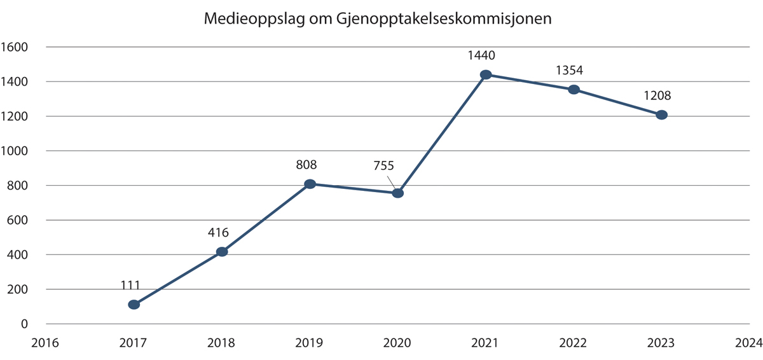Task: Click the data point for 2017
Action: [134, 305]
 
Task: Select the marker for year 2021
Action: [486, 74]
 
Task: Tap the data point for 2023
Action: [661, 115]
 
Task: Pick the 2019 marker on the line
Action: [310, 184]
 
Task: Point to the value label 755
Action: [383, 167]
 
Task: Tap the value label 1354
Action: [569, 70]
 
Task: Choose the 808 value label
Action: [306, 165]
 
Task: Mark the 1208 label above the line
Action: [657, 96]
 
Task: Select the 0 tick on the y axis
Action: [24, 324]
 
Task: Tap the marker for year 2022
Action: [574, 90]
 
